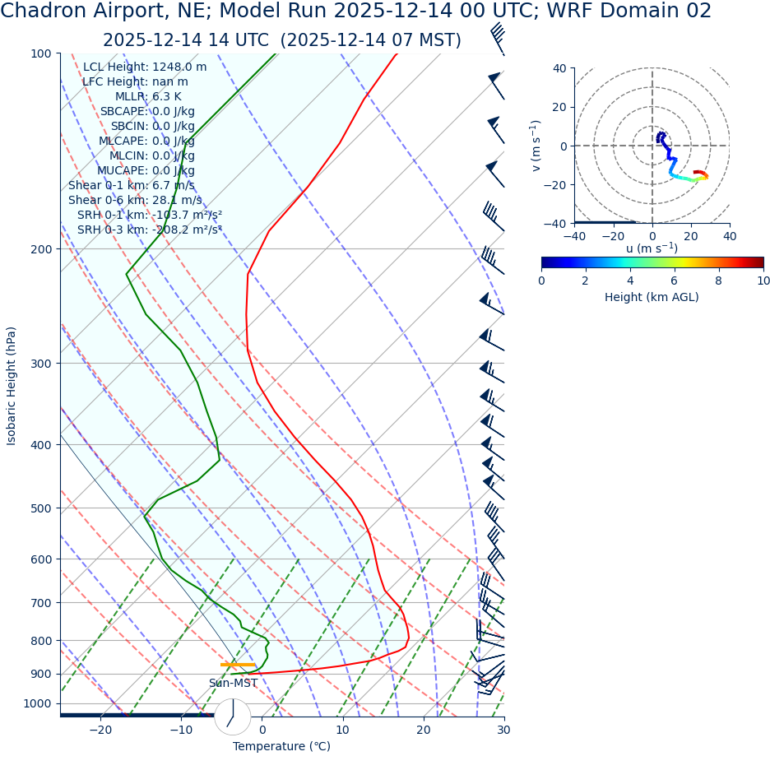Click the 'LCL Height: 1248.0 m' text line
click(145, 67)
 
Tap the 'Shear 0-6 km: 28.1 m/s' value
click(135, 201)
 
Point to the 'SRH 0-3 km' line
click(149, 230)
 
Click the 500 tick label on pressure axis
click(40, 508)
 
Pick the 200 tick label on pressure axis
click(40, 249)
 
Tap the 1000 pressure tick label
click(37, 704)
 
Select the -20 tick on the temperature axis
click(100, 731)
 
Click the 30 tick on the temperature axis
click(503, 731)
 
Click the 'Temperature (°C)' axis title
click(281, 747)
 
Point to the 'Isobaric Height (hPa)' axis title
click(12, 386)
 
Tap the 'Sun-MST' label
click(233, 684)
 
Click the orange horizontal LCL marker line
click(238, 664)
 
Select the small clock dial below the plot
click(233, 717)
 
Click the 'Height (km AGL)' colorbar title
click(652, 298)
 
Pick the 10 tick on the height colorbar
click(763, 281)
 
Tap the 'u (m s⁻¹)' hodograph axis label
click(652, 248)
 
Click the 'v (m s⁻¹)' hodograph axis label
click(536, 146)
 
